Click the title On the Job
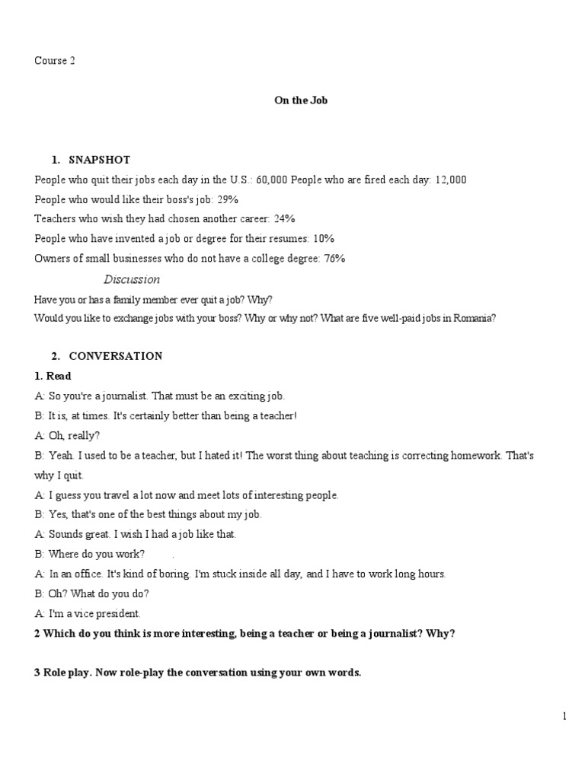pyautogui.click(x=301, y=100)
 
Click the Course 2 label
pyautogui.click(x=55, y=61)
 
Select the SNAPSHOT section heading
pyautogui.click(x=99, y=160)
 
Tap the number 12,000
pyautogui.click(x=451, y=180)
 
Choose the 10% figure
pyautogui.click(x=324, y=239)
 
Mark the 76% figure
pyautogui.click(x=334, y=259)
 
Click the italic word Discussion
pyautogui.click(x=132, y=279)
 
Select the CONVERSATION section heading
pyautogui.click(x=115, y=356)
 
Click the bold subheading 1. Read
pyautogui.click(x=53, y=376)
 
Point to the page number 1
pyautogui.click(x=564, y=716)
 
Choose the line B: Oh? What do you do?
pyautogui.click(x=91, y=594)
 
